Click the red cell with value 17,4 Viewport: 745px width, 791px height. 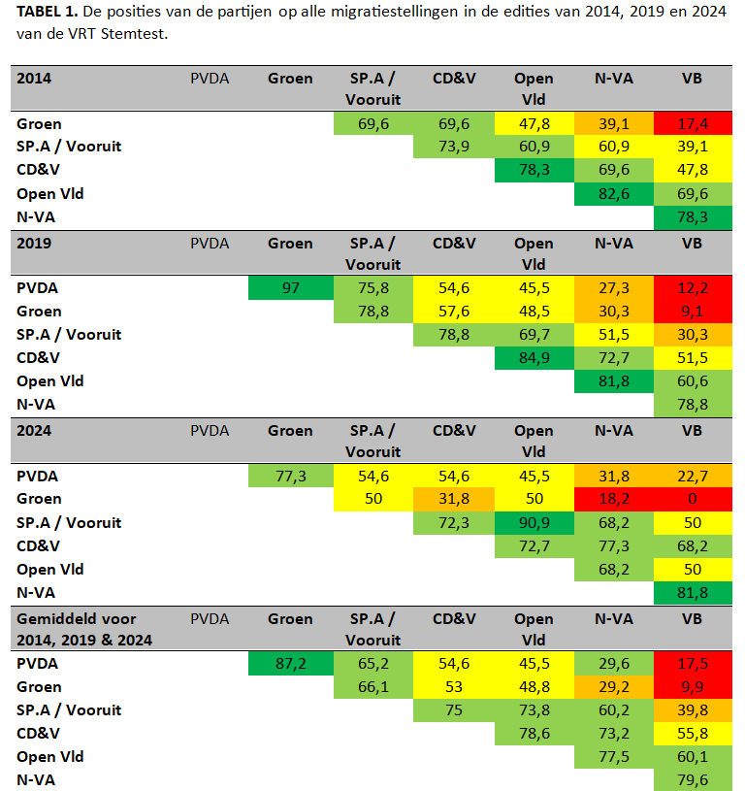[692, 123]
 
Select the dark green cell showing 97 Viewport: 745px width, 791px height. [290, 288]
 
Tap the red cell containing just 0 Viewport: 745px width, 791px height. [692, 499]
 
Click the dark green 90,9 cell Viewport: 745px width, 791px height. [534, 522]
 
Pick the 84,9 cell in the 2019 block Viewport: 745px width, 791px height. [534, 358]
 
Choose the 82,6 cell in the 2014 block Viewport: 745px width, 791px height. [613, 193]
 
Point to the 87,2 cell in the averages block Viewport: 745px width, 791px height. [290, 664]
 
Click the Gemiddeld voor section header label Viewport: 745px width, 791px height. [77, 619]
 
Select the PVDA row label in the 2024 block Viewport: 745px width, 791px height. [38, 476]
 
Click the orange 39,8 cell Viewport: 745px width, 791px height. [692, 710]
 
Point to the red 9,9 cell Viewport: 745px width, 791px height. [692, 687]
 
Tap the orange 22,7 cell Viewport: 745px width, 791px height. [692, 476]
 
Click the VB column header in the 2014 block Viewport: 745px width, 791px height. [692, 79]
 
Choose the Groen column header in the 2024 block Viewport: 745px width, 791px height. [290, 431]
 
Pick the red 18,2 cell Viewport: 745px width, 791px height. [613, 499]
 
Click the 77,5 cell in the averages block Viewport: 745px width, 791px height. [613, 757]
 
